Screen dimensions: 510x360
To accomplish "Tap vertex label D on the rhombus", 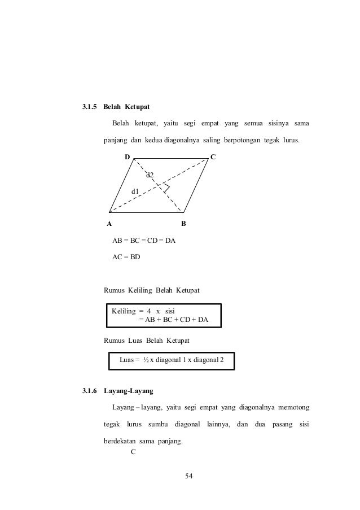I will [128, 155].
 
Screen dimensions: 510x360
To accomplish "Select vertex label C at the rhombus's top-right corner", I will [212, 155].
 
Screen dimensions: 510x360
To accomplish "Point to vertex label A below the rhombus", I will [109, 224].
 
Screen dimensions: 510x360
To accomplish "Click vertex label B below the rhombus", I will [183, 224].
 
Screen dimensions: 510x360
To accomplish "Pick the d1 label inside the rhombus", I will [135, 192].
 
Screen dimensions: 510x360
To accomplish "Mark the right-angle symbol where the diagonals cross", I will [166, 188].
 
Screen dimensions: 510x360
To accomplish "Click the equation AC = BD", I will [126, 257].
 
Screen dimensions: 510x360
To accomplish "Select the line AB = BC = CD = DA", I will [144, 241].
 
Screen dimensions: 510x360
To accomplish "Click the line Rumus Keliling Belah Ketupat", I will [151, 291].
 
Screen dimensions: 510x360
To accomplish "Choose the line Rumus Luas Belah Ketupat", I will [147, 341].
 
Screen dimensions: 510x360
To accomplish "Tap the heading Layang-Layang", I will [133, 391].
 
